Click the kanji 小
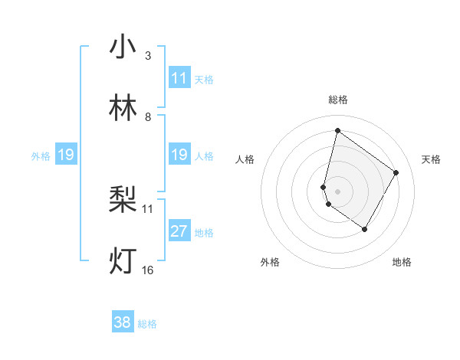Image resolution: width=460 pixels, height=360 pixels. click(123, 47)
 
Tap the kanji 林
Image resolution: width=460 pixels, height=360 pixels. click(123, 109)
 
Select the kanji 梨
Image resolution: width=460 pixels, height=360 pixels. click(123, 201)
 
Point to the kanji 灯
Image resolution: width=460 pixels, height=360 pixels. click(123, 261)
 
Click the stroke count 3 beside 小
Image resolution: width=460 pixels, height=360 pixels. click(148, 55)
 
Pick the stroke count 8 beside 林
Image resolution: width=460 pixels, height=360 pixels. click(148, 116)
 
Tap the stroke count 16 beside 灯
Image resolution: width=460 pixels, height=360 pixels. click(147, 270)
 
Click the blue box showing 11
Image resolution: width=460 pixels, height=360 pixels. click(179, 78)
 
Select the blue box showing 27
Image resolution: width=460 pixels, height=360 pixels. click(179, 231)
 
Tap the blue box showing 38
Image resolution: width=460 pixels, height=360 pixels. click(123, 322)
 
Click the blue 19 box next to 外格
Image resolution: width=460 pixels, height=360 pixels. click(65, 155)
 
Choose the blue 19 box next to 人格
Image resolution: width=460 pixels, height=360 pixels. click(179, 155)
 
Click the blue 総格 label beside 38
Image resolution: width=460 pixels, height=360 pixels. click(147, 324)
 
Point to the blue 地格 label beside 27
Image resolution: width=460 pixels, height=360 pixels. click(204, 232)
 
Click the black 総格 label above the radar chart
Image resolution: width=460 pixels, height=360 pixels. click(337, 100)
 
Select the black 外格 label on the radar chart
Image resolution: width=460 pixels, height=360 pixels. click(270, 262)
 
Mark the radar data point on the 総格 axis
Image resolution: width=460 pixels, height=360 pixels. click(337, 130)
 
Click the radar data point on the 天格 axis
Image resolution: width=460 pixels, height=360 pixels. click(396, 172)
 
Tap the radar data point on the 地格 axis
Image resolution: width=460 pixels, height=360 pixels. click(364, 229)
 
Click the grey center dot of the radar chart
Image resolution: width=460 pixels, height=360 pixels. click(337, 191)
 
